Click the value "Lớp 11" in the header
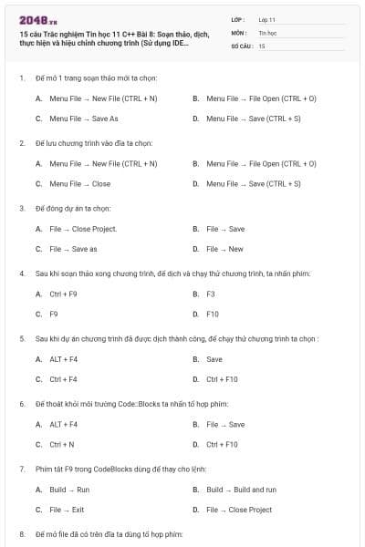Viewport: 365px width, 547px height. (x=267, y=18)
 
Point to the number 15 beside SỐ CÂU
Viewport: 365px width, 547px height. (x=262, y=45)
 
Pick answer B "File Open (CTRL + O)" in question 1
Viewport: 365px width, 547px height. (x=261, y=98)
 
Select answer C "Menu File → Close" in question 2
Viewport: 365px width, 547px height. (x=79, y=183)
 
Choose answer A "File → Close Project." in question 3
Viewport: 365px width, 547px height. (x=83, y=229)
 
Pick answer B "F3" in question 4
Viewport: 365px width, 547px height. (x=210, y=294)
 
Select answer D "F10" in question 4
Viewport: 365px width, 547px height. (x=212, y=315)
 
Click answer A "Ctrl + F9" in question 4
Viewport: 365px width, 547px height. (x=63, y=294)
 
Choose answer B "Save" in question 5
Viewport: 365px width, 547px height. (x=214, y=359)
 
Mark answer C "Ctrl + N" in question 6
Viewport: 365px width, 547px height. (x=62, y=444)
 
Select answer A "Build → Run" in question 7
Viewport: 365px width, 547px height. (x=69, y=490)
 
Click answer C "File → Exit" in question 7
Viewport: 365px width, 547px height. (x=67, y=510)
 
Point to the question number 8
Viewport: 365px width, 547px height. (x=22, y=532)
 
